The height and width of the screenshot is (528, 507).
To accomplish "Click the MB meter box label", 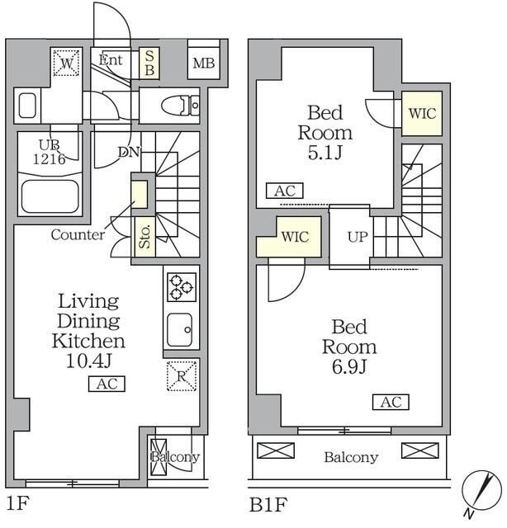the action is pos(204,63).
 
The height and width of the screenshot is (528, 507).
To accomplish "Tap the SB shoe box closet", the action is pos(149,64).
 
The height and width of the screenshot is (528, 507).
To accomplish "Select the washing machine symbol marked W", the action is pos(66,63).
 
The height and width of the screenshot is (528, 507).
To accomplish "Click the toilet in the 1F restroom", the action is pos(181,105).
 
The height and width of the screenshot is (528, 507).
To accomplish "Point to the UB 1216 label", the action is pos(50,152).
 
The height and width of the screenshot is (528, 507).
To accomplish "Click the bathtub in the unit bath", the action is pos(50,196).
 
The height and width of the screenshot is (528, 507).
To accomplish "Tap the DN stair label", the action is pos(129,152).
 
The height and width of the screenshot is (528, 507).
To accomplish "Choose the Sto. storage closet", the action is pos(145,237).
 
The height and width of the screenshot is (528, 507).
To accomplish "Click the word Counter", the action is pos(78,234).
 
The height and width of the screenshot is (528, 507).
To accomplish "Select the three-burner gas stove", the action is pos(182,287).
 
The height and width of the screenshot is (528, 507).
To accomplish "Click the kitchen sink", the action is pos(180,330).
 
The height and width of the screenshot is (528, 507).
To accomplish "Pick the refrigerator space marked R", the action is pos(182,376).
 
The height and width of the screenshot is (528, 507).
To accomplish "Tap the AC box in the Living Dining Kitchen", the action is pos(107,384).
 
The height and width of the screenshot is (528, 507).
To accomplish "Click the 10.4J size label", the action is pos(89,361).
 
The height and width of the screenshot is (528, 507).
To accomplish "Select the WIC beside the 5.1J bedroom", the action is pos(422,114).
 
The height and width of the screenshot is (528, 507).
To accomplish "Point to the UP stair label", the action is pos(358,237).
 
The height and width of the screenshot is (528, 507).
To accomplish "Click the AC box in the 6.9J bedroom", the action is pos(391,402).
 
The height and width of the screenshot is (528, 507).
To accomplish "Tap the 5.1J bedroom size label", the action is pos(325,153).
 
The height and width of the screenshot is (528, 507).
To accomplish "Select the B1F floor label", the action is pos(268,504).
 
